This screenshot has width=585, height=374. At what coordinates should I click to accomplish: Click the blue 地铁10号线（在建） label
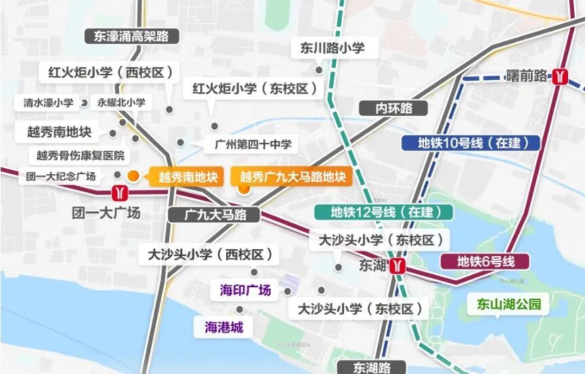(x=470, y=143)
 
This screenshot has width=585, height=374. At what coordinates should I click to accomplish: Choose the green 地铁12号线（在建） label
(x=383, y=212)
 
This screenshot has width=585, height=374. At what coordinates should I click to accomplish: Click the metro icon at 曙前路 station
(x=559, y=76)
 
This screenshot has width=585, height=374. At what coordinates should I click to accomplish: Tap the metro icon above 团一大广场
(x=120, y=193)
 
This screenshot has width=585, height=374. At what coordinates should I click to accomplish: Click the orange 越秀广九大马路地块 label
(x=292, y=178)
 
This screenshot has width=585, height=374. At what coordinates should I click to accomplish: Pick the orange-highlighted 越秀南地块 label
(x=188, y=178)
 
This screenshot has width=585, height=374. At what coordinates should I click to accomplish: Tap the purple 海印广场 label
(x=245, y=290)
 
